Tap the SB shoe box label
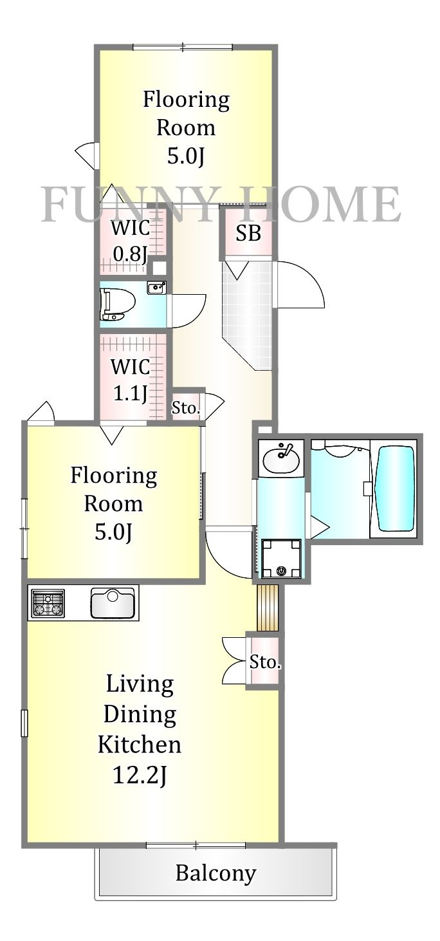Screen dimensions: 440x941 point(248,233)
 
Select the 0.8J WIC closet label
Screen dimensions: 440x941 point(131,241)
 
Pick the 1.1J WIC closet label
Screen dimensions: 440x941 point(131,380)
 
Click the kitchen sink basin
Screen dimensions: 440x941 point(113,603)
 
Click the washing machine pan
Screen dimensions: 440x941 point(281,558)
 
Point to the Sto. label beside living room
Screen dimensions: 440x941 point(265,663)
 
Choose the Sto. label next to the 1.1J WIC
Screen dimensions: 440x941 point(185,407)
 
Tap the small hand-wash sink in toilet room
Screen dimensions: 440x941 point(156,288)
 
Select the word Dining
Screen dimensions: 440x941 point(140,714)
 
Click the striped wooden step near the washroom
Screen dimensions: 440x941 point(268,608)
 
